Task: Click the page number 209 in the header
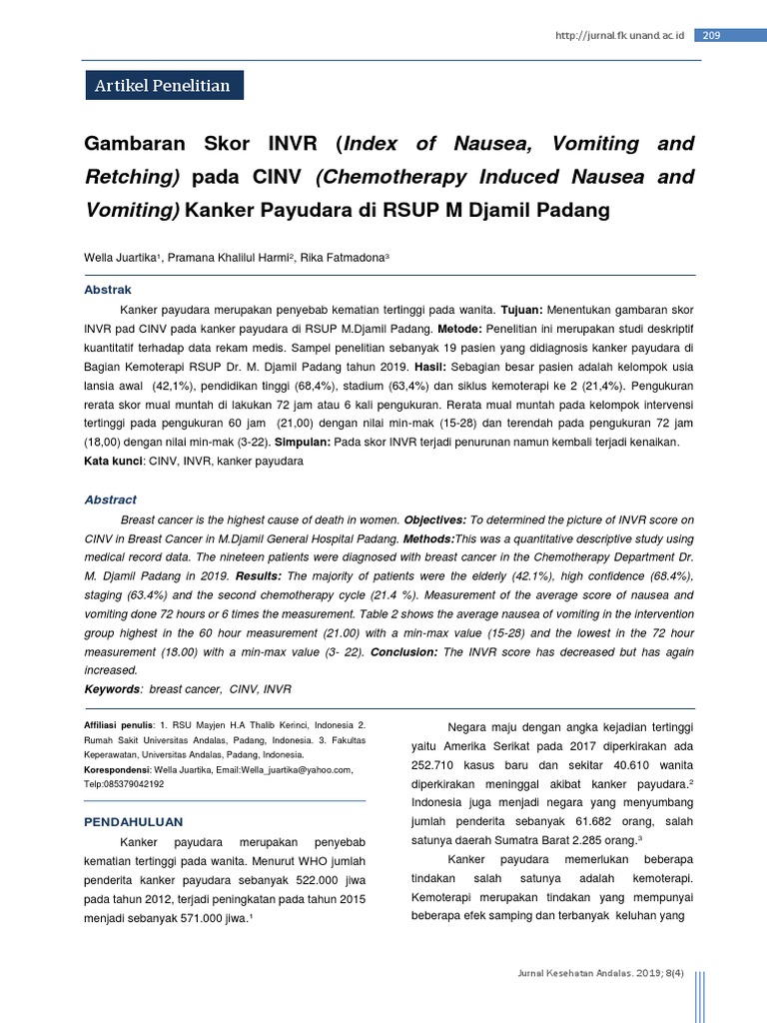coord(712,36)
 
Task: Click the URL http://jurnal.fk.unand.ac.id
coord(619,36)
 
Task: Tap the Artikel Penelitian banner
coord(163,86)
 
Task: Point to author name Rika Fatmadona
coord(343,258)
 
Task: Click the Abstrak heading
coord(107,290)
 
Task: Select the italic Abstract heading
coord(110,500)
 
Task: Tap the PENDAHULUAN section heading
coord(133,822)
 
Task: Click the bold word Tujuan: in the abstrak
coord(521,310)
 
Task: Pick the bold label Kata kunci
coord(114,463)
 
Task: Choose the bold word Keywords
coord(111,689)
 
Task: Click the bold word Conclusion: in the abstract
coord(404,651)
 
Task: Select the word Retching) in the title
coord(132,178)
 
